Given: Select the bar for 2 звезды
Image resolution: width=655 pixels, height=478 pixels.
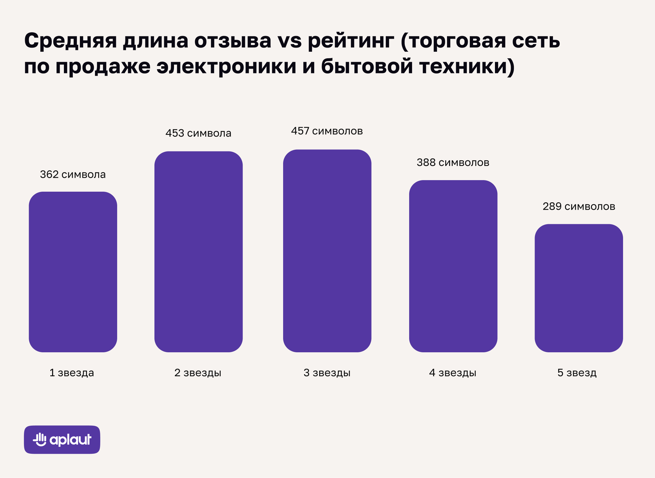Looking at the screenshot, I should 198,251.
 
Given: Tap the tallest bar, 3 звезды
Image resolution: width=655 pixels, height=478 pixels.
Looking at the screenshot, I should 327,251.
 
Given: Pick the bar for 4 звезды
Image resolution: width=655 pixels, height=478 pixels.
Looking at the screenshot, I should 453,266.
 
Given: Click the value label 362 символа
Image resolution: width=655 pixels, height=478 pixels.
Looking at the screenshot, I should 73,175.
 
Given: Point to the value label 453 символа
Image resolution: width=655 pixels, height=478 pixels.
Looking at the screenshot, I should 198,133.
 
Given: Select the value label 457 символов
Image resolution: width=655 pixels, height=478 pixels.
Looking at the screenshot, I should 327,131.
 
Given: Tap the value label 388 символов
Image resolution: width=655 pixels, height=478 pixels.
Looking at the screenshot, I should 453,162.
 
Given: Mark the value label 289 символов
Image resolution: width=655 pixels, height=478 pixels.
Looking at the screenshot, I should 579,206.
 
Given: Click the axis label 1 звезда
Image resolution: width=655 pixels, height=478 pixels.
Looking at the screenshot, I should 72,373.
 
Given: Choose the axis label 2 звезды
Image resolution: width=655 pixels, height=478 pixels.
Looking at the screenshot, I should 198,373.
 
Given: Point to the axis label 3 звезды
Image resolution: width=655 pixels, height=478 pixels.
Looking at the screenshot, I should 327,373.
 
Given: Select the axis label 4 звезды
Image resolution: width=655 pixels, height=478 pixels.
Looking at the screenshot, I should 453,373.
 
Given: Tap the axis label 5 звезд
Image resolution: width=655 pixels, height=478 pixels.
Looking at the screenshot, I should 577,373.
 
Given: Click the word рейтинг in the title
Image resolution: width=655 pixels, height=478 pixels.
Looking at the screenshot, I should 351,41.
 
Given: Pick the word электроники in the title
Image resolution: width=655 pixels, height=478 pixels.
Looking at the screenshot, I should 226,66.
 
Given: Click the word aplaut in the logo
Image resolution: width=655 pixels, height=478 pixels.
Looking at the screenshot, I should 70,440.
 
